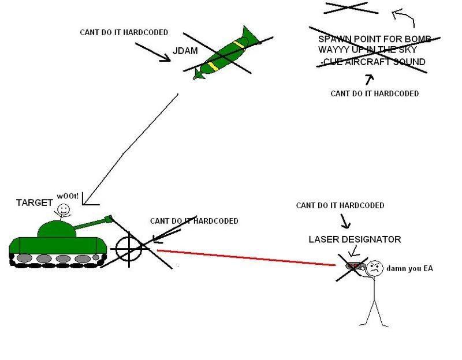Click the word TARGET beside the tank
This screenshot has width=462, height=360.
click(x=34, y=203)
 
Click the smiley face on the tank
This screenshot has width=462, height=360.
click(x=64, y=209)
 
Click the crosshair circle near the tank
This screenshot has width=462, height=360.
click(x=128, y=248)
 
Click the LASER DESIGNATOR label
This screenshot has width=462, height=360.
click(x=355, y=239)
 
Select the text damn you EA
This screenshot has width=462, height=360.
click(x=409, y=268)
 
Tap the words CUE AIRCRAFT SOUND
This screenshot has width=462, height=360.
click(x=375, y=61)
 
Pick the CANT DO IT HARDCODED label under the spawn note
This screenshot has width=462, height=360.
click(x=374, y=93)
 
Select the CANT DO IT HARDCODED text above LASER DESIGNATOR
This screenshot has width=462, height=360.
click(x=340, y=205)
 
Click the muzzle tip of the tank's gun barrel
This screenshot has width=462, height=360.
click(x=108, y=218)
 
